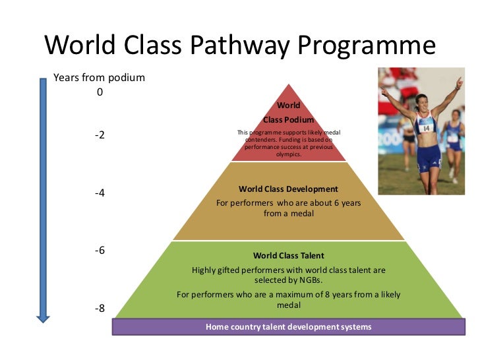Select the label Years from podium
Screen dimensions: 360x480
tap(99, 78)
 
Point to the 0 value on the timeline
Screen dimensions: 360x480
tap(100, 92)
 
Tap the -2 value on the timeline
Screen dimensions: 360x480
tap(100, 135)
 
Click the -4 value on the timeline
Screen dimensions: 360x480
tap(100, 193)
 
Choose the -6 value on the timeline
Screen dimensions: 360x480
tap(100, 251)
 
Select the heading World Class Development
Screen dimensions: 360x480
tap(288, 189)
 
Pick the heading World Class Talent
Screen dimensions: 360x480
tap(288, 255)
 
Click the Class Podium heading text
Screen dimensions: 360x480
tap(288, 119)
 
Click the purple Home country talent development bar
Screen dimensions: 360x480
tap(288, 326)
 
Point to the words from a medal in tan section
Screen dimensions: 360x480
tap(288, 214)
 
